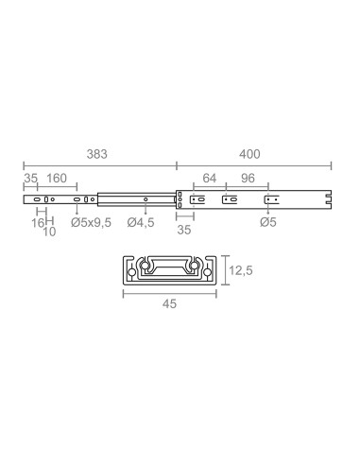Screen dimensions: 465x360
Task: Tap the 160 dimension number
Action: click(57, 179)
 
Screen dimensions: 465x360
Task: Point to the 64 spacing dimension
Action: click(209, 179)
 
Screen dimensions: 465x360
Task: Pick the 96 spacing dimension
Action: click(249, 179)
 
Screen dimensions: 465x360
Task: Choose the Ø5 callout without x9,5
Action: click(268, 223)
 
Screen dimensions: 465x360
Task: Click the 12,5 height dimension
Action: click(241, 270)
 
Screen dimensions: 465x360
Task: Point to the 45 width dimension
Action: click(170, 304)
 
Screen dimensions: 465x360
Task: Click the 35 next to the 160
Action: click(30, 179)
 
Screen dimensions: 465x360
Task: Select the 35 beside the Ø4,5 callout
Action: click(184, 230)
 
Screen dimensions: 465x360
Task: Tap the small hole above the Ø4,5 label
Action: click(146, 199)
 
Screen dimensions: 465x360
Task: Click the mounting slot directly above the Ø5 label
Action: click(269, 199)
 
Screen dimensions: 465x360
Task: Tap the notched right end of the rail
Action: click(328, 199)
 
